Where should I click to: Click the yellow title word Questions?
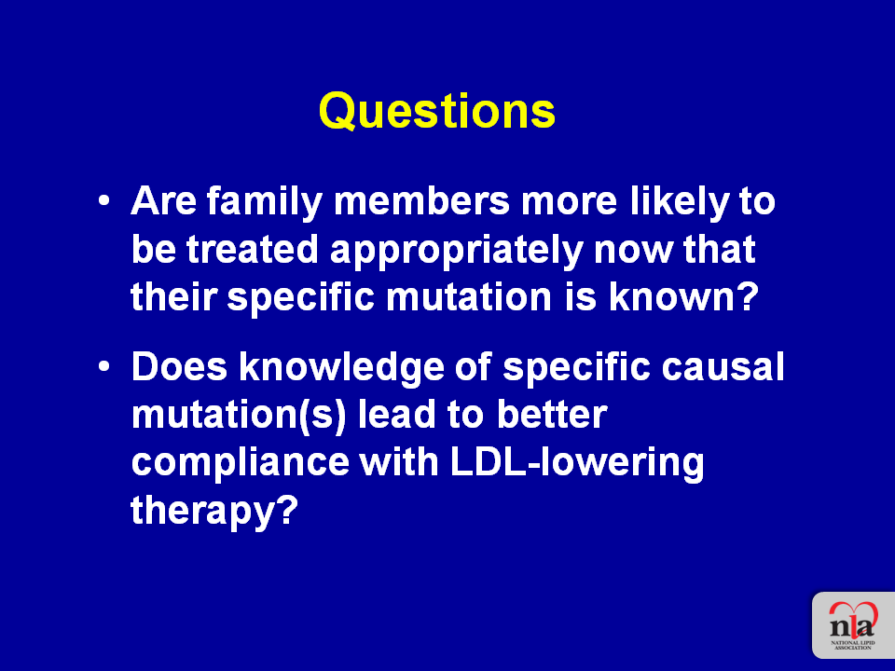point(436,110)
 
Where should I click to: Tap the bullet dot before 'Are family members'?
point(103,201)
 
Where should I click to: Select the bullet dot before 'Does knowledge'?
point(103,367)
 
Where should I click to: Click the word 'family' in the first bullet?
point(264,202)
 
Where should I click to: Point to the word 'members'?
point(421,201)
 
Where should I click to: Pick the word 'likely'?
point(680,202)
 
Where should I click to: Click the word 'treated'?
point(252,250)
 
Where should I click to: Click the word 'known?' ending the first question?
point(683,296)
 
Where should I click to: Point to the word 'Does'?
point(179,366)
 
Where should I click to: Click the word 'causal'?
point(723,367)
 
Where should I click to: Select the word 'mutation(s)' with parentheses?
point(239,416)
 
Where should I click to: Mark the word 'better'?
point(551,414)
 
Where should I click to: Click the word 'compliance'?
point(241,463)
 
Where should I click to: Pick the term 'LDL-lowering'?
point(577,463)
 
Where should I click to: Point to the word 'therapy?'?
point(214,511)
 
